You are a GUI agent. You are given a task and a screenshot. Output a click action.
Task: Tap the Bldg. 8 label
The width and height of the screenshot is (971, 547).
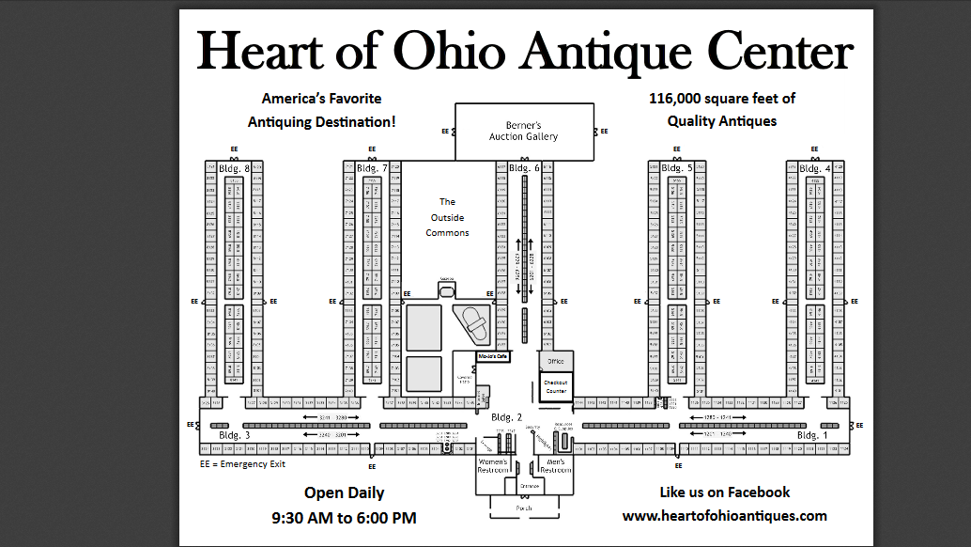(234, 168)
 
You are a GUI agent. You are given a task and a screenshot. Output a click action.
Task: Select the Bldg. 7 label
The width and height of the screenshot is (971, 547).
(373, 168)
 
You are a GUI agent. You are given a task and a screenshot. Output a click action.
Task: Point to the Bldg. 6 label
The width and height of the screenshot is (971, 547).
(524, 168)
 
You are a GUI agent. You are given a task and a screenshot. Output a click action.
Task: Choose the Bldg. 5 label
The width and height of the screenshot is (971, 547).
(677, 168)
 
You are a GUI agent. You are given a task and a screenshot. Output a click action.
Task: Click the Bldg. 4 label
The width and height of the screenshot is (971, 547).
(815, 168)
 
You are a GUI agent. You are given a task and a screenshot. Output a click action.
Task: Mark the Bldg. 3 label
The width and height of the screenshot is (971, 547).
(234, 436)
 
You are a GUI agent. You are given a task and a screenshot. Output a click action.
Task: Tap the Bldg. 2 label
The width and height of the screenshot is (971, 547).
(506, 416)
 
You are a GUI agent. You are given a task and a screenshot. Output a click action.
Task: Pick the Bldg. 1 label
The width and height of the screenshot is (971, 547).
(812, 436)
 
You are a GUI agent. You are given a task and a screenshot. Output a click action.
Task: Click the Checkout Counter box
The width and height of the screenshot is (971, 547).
(555, 386)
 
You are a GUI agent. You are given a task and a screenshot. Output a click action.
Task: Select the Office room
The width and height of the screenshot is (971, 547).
(555, 361)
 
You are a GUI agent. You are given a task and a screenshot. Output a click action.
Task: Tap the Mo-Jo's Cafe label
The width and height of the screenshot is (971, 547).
(492, 357)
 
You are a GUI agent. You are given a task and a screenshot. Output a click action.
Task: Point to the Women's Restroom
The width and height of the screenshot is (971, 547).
(494, 465)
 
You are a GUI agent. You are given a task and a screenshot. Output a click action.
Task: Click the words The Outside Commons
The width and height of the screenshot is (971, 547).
(447, 217)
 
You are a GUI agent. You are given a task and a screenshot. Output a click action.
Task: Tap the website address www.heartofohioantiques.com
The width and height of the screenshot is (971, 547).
(724, 515)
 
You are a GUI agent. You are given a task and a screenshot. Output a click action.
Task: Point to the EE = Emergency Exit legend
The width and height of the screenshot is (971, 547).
(242, 463)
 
